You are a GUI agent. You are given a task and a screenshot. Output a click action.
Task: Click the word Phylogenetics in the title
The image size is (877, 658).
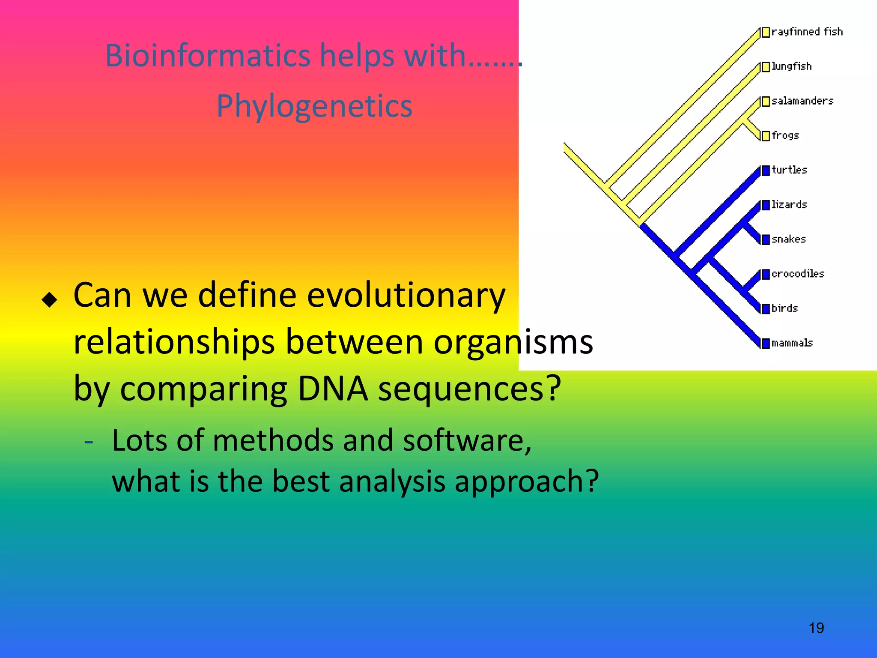click(314, 106)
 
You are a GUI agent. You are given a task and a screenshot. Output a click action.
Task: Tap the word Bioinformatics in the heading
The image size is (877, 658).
click(208, 56)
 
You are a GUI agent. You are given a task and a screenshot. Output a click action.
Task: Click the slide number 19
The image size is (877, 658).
click(816, 628)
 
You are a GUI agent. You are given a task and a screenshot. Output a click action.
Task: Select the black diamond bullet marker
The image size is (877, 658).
click(50, 299)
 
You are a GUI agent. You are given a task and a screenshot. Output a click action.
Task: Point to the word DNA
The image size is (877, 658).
click(332, 389)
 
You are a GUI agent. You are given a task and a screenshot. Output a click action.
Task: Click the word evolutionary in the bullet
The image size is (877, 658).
click(406, 296)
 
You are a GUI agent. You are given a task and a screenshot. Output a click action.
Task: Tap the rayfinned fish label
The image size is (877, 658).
click(807, 32)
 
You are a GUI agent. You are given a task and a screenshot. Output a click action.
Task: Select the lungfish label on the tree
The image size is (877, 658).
click(791, 66)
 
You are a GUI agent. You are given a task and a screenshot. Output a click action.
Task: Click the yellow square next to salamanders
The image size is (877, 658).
click(766, 102)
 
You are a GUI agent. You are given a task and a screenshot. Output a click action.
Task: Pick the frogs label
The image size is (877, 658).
click(785, 136)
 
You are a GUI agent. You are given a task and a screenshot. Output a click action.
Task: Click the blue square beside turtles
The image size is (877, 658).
click(766, 170)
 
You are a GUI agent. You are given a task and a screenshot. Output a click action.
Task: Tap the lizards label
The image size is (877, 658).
click(789, 205)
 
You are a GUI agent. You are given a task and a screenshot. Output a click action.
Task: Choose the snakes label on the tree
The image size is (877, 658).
click(788, 239)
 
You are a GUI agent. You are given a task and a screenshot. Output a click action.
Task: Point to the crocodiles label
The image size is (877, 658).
click(798, 274)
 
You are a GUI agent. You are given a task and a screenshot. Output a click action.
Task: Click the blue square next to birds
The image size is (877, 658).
click(766, 308)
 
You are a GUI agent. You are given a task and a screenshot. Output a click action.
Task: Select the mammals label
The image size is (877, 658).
click(792, 343)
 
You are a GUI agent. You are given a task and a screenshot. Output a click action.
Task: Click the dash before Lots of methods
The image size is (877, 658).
click(89, 441)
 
